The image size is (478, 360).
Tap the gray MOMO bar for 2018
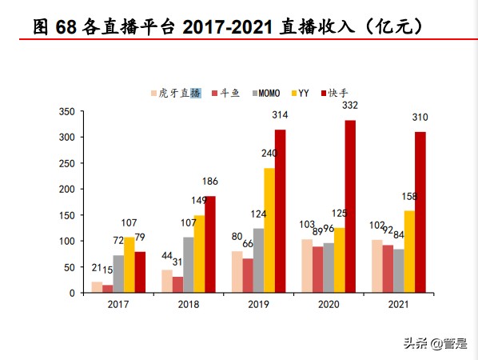189,265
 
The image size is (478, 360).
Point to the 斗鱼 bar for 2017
108,289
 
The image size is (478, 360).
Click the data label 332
350,106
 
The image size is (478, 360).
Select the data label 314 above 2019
280,115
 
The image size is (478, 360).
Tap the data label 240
269,154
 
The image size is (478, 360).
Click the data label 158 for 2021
409,196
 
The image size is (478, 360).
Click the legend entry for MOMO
265,93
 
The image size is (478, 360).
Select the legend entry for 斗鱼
228,93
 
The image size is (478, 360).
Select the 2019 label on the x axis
258,305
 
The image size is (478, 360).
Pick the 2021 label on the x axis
398,305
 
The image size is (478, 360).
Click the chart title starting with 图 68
228,26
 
